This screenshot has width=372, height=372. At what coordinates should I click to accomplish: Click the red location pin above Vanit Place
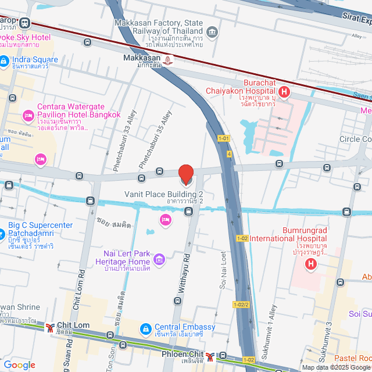coord(185,174)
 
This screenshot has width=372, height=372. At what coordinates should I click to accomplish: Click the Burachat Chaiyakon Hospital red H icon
coord(284,91)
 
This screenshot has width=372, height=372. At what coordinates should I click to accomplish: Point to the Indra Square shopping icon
coord(3,60)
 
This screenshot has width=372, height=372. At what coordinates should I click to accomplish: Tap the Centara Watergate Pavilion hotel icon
coord(27,116)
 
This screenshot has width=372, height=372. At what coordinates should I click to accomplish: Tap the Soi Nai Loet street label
coord(223,270)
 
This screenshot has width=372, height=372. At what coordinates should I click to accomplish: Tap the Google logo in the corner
coord(19,364)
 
